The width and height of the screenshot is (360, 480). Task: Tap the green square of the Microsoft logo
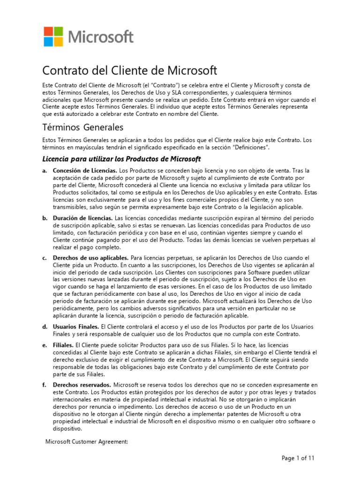59,31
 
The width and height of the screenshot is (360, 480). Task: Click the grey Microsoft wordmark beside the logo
101,37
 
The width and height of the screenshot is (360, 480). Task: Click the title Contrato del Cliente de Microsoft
130,71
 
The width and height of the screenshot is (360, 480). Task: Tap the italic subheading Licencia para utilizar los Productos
122,159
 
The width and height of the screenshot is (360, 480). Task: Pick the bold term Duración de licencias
83,218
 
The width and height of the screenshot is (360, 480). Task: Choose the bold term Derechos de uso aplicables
91,258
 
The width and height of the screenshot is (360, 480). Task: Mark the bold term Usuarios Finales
76,326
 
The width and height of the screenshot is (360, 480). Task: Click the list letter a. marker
45,170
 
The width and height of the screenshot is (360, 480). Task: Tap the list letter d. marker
45,326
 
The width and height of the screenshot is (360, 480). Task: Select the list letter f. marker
45,385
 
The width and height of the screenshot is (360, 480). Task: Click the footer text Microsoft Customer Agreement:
87,442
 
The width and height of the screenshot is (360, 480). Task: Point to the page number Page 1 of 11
298,458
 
